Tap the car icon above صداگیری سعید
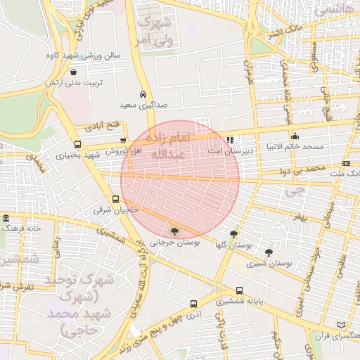click(x=143, y=94)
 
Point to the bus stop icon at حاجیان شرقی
click(x=116, y=200)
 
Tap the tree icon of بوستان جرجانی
click(x=174, y=231)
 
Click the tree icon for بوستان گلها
click(x=233, y=235)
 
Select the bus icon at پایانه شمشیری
click(x=240, y=290)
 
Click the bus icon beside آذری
click(x=193, y=304)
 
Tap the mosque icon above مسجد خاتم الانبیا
click(x=294, y=136)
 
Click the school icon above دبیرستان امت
click(x=230, y=140)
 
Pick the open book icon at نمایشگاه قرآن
click(x=342, y=326)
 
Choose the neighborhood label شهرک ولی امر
click(x=155, y=33)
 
